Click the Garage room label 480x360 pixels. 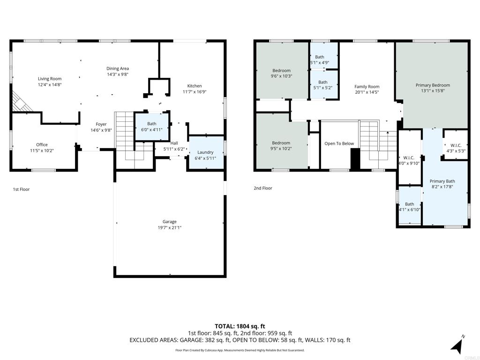tap(170, 222)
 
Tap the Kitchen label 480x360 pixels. tap(195, 86)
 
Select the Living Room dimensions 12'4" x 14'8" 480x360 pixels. tap(50, 85)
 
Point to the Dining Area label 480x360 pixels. tap(118, 68)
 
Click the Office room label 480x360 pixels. tap(42, 145)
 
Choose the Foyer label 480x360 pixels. tap(101, 124)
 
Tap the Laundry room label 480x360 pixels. tap(205, 152)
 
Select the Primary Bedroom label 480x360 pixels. tap(433, 85)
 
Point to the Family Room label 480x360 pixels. tap(367, 87)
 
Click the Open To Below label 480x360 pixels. tap(339, 143)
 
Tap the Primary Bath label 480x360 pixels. tap(442, 181)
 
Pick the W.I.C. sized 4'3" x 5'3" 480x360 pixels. tap(456, 148)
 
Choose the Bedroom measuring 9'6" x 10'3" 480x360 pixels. tap(281, 73)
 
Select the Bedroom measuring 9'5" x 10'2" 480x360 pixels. tap(281, 146)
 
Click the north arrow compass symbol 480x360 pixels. tap(457, 345)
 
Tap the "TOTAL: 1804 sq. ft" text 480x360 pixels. tap(240, 326)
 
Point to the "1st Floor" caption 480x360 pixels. tap(21, 189)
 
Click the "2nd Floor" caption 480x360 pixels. tap(263, 188)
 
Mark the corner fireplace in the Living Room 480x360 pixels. tap(21, 102)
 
